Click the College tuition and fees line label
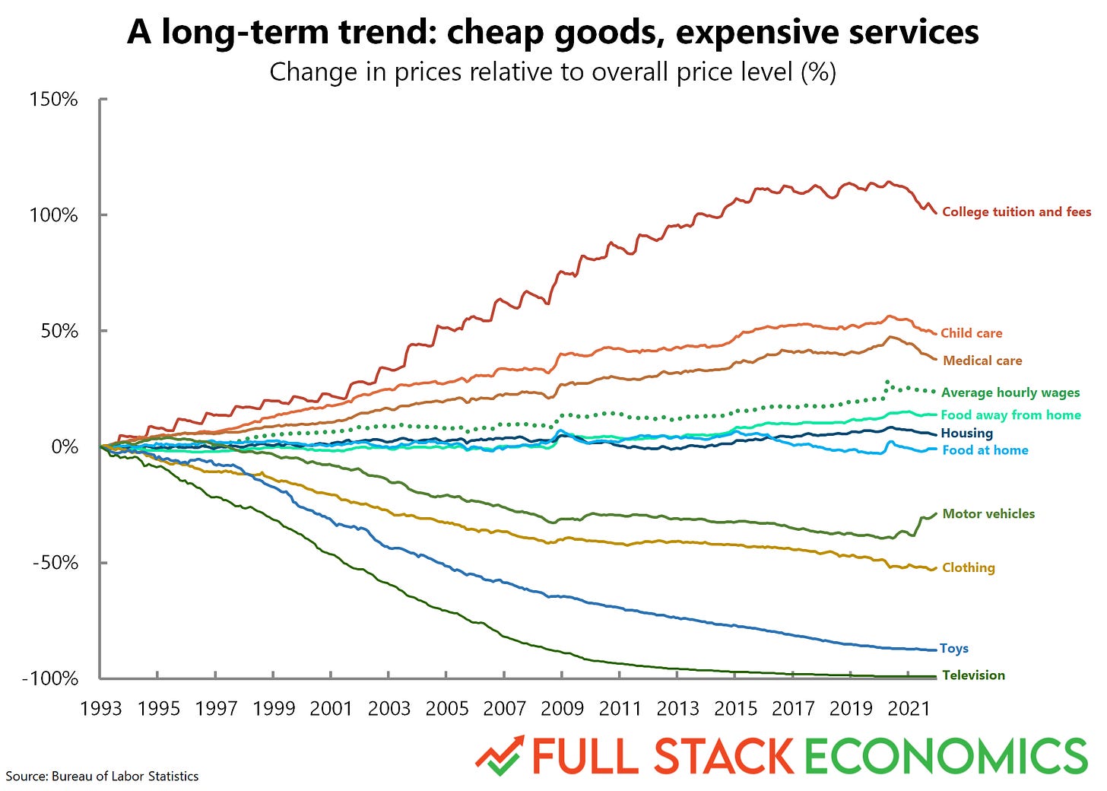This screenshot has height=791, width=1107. (1016, 212)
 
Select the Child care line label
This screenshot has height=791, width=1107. (971, 333)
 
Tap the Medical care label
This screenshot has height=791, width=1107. (982, 361)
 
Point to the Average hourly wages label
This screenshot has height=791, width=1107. (1010, 392)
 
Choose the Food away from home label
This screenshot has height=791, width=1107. (1010, 415)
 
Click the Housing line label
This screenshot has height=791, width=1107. (966, 433)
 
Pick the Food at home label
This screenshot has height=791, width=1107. (985, 450)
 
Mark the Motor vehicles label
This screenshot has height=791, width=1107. (988, 513)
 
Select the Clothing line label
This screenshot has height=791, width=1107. (968, 567)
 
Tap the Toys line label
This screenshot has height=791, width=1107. (953, 649)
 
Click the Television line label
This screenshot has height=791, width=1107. (973, 675)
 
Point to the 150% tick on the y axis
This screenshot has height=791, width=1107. (53, 100)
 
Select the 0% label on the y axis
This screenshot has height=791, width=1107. (64, 447)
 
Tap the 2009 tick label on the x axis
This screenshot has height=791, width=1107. (562, 709)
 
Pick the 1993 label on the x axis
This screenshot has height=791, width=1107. (100, 709)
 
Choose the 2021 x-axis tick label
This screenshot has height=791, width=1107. (909, 709)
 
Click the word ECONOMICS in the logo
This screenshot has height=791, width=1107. (946, 756)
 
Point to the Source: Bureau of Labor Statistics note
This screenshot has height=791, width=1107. (102, 777)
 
